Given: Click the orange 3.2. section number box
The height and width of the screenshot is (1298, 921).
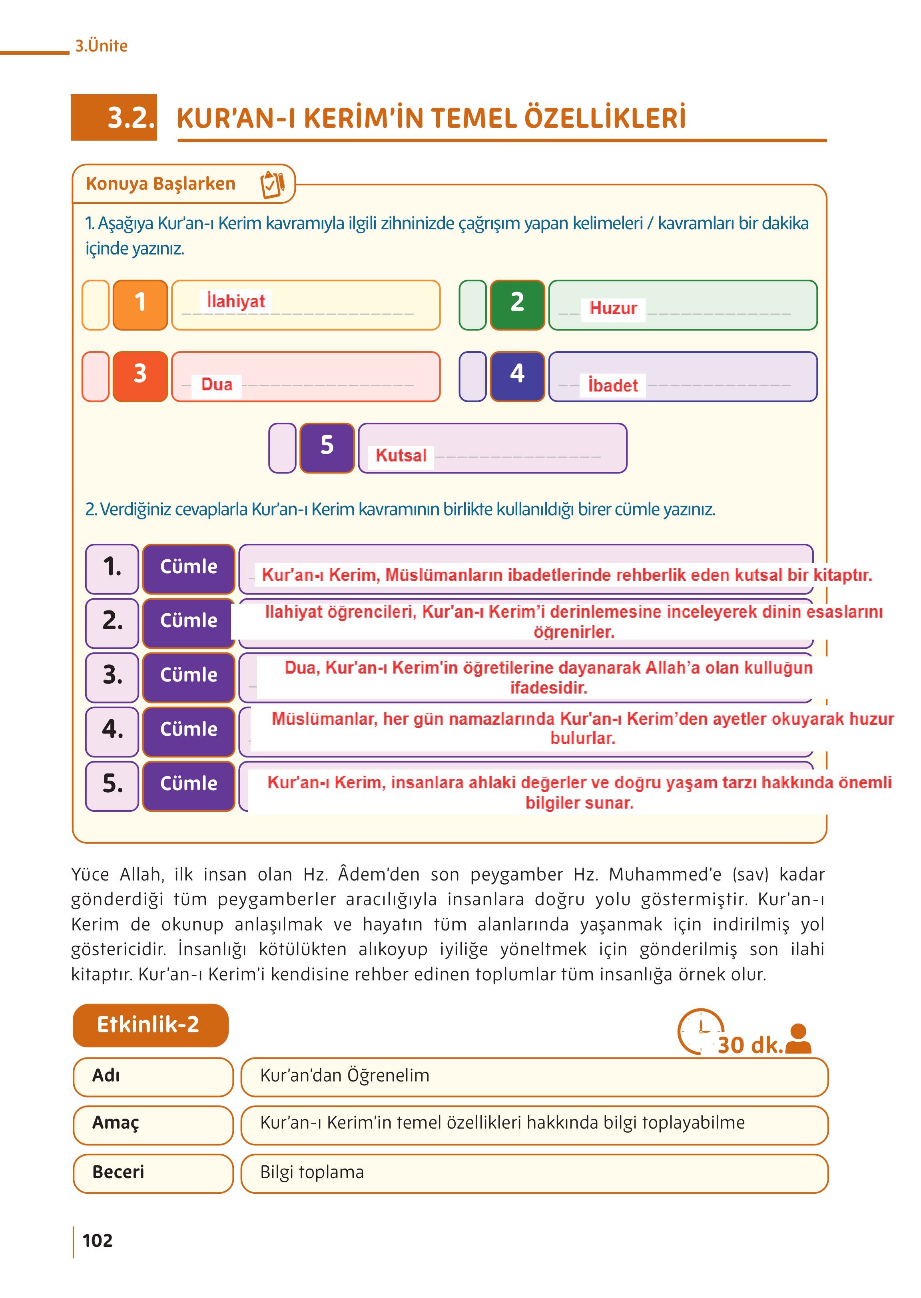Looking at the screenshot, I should [114, 117].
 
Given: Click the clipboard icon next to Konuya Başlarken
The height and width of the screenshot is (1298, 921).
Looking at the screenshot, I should [272, 184].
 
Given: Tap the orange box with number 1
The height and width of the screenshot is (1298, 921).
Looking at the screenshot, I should [140, 305].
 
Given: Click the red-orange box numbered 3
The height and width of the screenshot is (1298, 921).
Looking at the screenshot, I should [140, 376].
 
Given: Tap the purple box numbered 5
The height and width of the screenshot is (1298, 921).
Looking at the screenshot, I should [327, 448].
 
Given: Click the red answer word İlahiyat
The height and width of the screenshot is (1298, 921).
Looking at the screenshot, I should [235, 301].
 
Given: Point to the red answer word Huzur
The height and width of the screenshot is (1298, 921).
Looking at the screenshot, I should [613, 309].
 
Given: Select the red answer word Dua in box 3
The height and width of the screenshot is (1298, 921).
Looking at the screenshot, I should [217, 385].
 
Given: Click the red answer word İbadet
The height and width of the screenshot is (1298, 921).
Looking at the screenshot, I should [613, 386].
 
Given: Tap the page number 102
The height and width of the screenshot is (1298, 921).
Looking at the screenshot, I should [98, 1241].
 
